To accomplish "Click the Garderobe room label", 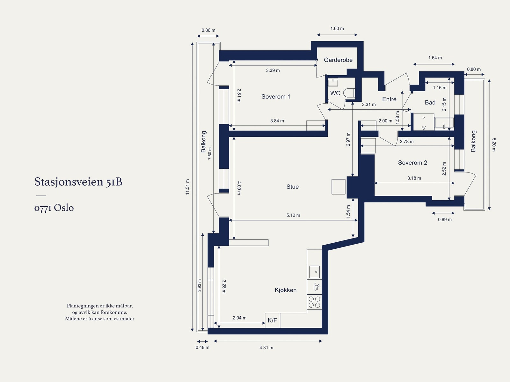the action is click(338, 60).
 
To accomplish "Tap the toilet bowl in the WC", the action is click(349, 93).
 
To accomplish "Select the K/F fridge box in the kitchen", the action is click(272, 320).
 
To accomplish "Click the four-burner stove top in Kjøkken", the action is click(314, 302).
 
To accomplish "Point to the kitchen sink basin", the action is click(314, 272).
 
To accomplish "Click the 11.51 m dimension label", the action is click(187, 187).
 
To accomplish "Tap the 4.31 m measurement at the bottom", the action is click(266, 348).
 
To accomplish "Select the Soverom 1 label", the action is click(276, 96).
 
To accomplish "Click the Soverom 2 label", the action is click(413, 163).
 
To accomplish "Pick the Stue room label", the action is click(293, 187).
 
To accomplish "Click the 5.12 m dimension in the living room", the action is click(293, 216).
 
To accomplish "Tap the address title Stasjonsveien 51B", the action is click(78, 182).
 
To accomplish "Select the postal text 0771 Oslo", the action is click(54, 208).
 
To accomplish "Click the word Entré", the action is click(389, 99).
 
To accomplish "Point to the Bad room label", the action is click(430, 102).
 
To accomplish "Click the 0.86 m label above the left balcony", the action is click(208, 30).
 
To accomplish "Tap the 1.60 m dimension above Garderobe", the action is click(337, 29).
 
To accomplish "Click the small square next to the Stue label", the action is click(338, 187).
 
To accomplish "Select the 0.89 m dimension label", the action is click(445, 220).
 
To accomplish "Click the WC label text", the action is click(335, 93).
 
